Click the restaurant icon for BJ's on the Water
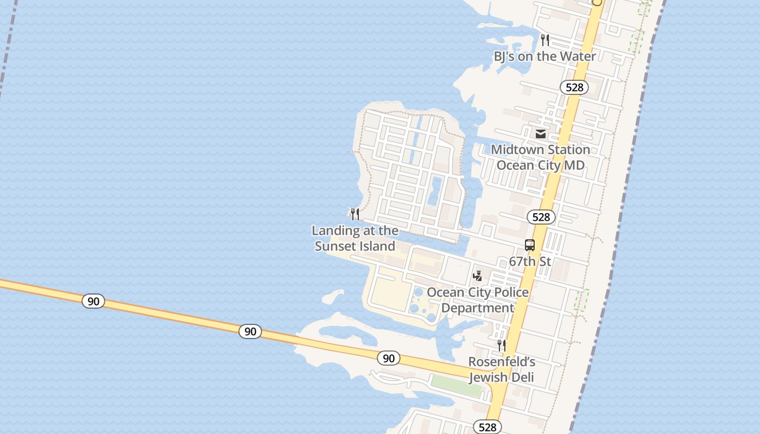point(545,40)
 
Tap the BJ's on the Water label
point(544,56)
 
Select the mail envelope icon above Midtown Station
point(541,133)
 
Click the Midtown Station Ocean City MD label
point(541,157)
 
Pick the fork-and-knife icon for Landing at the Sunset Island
point(355,214)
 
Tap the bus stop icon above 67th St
point(530,245)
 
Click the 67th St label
point(530,261)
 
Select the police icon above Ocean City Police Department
point(478,276)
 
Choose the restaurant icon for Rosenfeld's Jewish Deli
point(502,345)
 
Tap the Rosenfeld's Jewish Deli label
point(502,369)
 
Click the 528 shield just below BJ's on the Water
point(574,87)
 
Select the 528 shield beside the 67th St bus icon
point(541,217)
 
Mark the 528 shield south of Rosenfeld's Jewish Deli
point(487,427)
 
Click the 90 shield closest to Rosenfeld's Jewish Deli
point(389,358)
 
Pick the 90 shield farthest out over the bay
point(93,301)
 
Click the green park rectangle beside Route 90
point(455,386)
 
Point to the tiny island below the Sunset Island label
point(332,296)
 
